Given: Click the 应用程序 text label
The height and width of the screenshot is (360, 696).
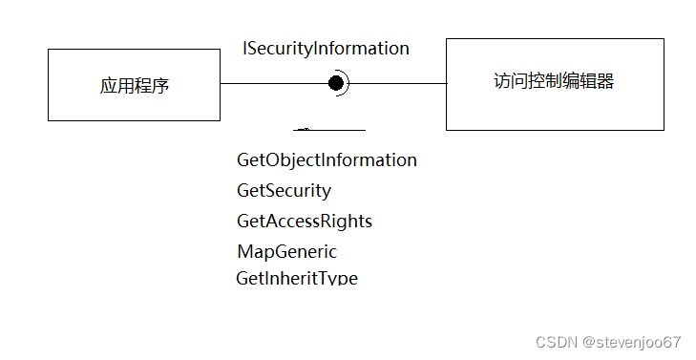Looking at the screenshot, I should [135, 86].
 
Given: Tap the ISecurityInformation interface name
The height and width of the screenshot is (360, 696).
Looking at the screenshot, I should [327, 48].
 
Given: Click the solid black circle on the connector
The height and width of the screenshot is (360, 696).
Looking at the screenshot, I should [336, 83].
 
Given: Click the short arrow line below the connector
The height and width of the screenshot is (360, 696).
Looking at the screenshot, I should [329, 129].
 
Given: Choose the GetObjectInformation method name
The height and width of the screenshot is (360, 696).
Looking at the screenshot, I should [327, 159].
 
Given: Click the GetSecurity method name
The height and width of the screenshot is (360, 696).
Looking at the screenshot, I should [284, 190].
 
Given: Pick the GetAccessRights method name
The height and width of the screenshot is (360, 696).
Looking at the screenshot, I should [304, 221].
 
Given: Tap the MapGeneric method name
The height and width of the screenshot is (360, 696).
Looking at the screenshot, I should [286, 252].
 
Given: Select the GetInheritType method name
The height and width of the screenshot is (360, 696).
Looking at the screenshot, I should [297, 278].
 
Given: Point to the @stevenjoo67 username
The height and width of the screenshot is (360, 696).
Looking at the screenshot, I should [631, 342].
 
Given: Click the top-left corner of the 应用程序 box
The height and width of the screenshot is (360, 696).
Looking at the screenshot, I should [49, 51].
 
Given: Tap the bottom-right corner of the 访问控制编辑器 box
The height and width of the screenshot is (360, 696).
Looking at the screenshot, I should [664, 130].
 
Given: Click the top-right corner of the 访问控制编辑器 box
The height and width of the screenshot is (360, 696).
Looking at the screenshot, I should [664, 39].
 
